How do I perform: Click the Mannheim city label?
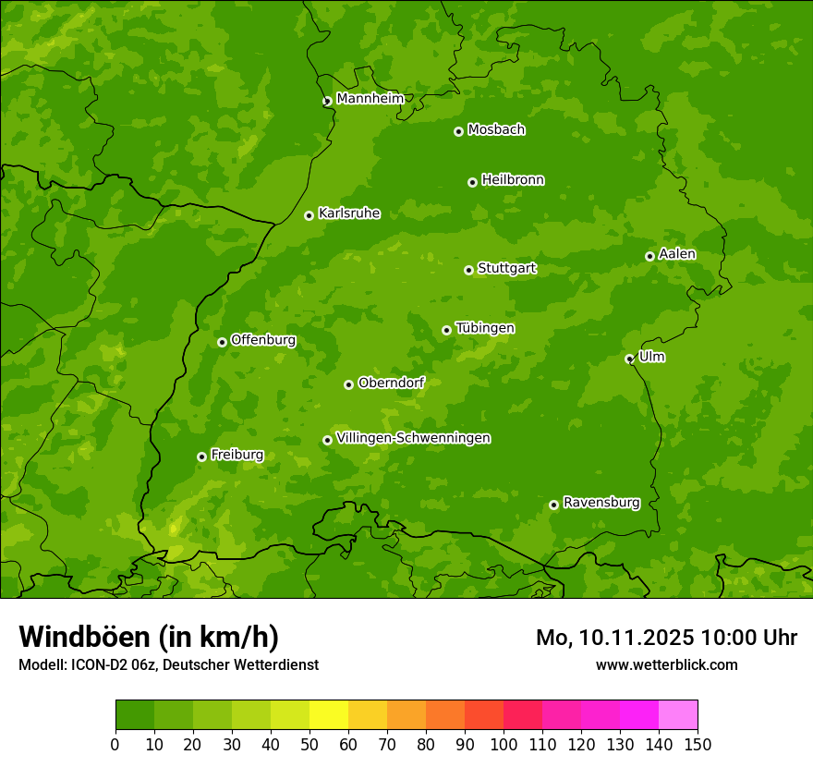[x=370, y=99]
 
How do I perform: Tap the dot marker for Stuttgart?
[x=468, y=270]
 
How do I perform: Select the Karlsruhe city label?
[x=348, y=213]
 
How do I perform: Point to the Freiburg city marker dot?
[x=201, y=457]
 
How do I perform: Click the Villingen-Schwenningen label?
[x=413, y=438]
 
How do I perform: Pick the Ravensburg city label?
[x=601, y=503]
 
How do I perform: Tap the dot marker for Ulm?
[x=629, y=359]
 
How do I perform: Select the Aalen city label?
[x=677, y=254]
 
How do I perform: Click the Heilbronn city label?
[x=513, y=180]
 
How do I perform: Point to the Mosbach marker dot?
[x=458, y=131]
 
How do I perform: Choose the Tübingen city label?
[x=485, y=328]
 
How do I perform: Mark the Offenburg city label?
[x=263, y=340]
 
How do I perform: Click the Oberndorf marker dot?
[x=348, y=384]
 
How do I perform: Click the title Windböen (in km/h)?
[x=149, y=637]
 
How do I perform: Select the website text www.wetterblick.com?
[x=666, y=664]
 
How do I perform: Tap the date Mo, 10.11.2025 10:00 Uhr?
[x=666, y=638]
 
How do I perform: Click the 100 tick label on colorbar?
[x=504, y=744]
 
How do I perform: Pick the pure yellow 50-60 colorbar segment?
[x=329, y=715]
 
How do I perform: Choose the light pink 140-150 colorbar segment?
[x=678, y=715]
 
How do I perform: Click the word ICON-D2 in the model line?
[x=94, y=664]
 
